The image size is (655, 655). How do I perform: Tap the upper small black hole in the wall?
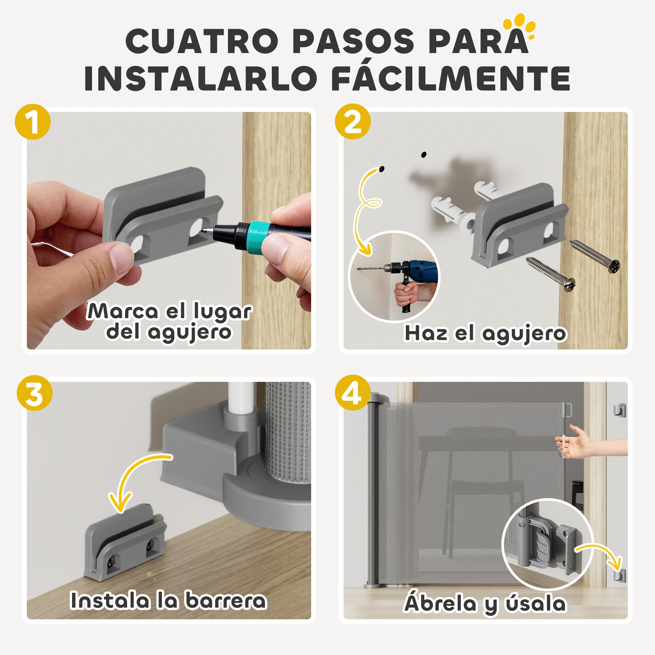[423, 155]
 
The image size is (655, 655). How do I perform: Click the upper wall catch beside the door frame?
[618, 410]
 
